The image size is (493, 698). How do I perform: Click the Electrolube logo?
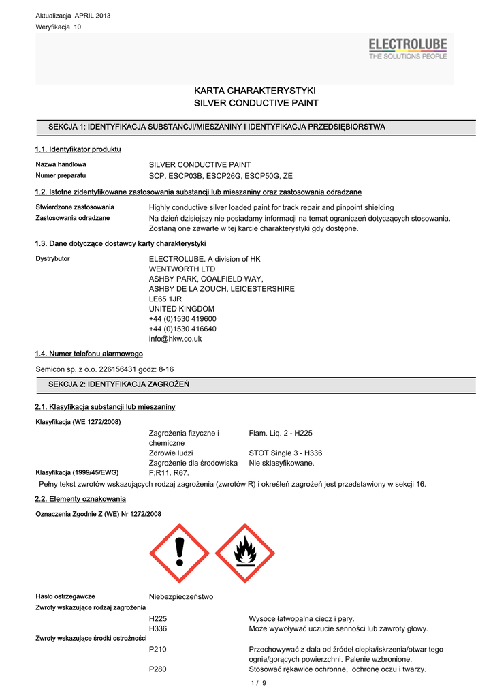[407, 48]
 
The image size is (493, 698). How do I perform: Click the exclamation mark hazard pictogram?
[180, 553]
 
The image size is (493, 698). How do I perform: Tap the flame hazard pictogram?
[246, 553]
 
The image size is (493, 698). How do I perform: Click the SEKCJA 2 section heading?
[118, 385]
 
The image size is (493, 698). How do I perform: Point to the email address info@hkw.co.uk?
[175, 338]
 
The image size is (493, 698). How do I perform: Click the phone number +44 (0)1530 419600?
[182, 318]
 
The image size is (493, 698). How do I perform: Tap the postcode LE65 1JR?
[165, 299]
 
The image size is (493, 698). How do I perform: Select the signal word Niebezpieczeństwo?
[180, 596]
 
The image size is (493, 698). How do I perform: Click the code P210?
[158, 649]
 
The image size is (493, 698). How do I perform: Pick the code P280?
[158, 669]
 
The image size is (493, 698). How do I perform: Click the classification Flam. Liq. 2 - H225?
[281, 433]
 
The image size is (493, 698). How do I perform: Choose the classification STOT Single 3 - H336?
[285, 453]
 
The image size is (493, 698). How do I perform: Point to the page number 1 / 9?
[259, 683]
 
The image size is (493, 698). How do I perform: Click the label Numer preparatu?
[62, 175]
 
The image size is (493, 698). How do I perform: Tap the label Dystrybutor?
[52, 259]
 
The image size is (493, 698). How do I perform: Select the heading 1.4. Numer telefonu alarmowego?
[89, 354]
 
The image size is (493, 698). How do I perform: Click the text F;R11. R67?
[169, 472]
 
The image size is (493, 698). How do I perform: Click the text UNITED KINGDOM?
[181, 309]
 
